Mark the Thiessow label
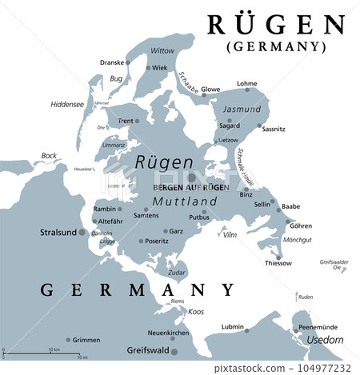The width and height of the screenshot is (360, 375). point(278,263)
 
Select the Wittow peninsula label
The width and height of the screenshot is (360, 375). point(162,50)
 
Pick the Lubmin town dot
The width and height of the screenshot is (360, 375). point(247,329)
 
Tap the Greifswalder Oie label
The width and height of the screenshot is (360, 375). point(334,265)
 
